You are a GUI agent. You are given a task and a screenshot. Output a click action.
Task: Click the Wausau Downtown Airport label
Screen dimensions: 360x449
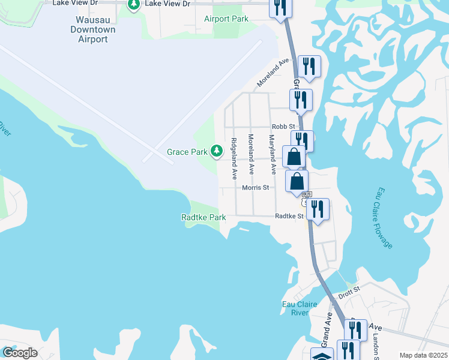pos(92,29)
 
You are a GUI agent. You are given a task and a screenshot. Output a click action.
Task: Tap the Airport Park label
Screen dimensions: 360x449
pos(226,19)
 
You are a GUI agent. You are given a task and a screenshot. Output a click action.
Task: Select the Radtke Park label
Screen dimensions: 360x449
pos(203,217)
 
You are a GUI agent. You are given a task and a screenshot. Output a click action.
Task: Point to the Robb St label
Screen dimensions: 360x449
pos(283,127)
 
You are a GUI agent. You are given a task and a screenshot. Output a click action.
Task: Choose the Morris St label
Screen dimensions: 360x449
pos(254,187)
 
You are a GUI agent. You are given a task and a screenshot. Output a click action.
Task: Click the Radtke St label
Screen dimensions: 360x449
pos(287,216)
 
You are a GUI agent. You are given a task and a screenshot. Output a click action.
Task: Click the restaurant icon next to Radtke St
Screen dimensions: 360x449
pos(317,209)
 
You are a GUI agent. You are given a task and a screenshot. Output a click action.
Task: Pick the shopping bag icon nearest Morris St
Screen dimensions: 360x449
pos(297,181)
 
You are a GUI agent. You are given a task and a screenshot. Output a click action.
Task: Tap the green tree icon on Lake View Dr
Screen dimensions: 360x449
pos(134,5)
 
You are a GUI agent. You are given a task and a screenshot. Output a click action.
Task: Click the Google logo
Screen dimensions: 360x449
pos(20,353)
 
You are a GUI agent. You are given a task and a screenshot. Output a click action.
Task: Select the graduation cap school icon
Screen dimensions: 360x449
pos(322,355)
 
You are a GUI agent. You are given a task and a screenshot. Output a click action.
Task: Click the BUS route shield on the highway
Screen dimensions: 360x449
pos(307,194)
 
